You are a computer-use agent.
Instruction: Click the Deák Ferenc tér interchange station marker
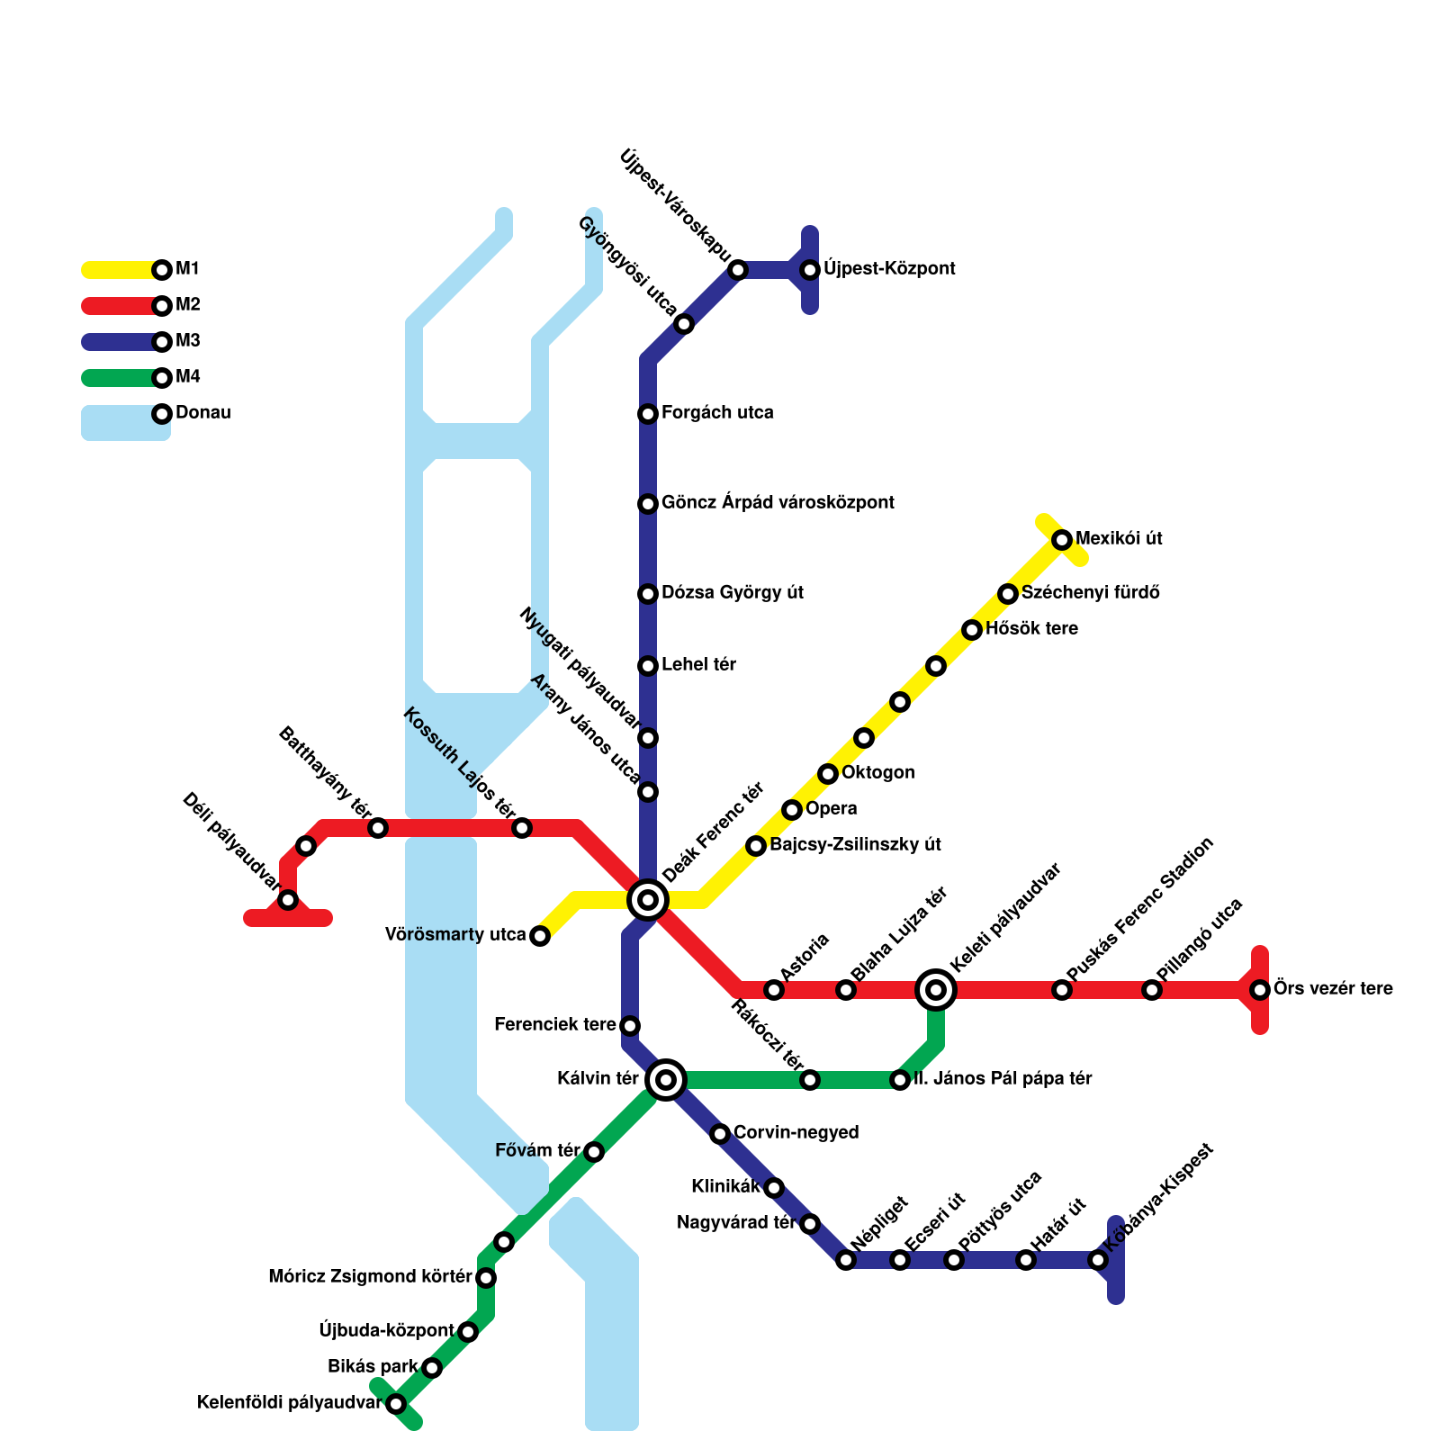click(x=648, y=899)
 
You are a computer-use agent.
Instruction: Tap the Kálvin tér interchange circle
click(x=666, y=1079)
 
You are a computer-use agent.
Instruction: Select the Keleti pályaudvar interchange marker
click(x=936, y=990)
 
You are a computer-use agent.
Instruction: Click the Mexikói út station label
click(x=1119, y=539)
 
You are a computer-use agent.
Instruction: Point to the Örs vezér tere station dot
click(x=1260, y=990)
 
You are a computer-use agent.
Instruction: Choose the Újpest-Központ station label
click(x=889, y=269)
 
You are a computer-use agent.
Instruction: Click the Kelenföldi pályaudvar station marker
click(x=396, y=1404)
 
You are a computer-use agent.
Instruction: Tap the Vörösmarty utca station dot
click(x=540, y=936)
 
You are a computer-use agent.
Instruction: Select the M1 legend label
click(x=187, y=269)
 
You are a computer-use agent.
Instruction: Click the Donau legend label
click(x=202, y=413)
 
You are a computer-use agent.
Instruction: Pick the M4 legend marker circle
click(x=162, y=377)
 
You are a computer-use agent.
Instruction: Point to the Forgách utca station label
click(x=717, y=413)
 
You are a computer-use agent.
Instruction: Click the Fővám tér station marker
click(x=594, y=1152)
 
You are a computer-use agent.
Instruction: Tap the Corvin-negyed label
click(x=796, y=1133)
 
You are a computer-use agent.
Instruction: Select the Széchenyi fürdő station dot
click(x=1008, y=594)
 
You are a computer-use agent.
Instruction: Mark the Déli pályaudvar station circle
click(x=288, y=900)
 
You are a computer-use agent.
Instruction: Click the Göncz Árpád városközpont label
click(x=778, y=503)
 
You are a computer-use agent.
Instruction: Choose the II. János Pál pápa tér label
click(x=1003, y=1079)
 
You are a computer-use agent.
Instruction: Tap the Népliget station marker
click(x=846, y=1260)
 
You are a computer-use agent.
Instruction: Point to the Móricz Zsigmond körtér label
click(x=370, y=1277)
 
